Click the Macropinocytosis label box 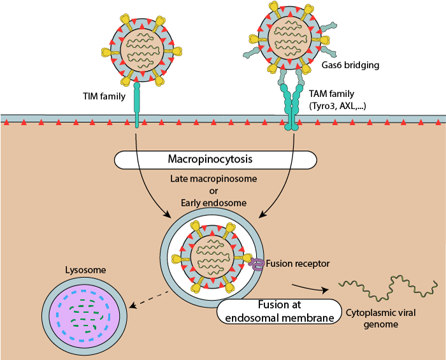click(216, 160)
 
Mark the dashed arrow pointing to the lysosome click(150, 299)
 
